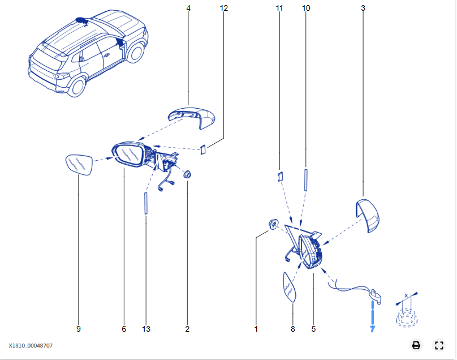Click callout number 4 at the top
[x=188, y=8]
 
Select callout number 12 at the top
[x=224, y=8]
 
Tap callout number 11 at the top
[x=279, y=8]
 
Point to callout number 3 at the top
[x=363, y=8]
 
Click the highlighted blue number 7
[x=372, y=328]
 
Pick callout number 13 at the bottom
[x=146, y=328]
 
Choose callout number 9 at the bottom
[x=79, y=328]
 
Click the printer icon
[x=416, y=345]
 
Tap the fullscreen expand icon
[x=439, y=345]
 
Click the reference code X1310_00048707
[x=31, y=345]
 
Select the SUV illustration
[x=88, y=54]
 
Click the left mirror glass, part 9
[x=79, y=165]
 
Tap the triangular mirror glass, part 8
[x=290, y=288]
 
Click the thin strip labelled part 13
[x=145, y=203]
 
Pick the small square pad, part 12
[x=201, y=149]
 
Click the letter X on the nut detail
[x=406, y=295]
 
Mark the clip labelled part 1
[x=273, y=225]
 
